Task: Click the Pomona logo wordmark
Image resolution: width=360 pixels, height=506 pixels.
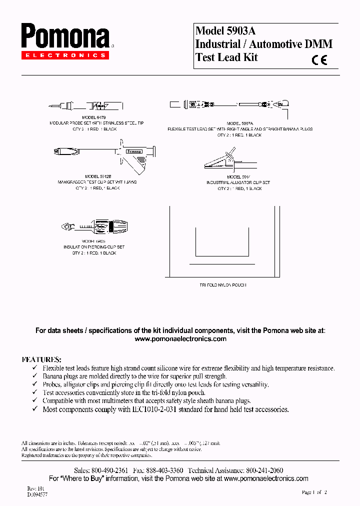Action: [x=64, y=37]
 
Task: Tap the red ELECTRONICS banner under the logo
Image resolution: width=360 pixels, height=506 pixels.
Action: [x=64, y=55]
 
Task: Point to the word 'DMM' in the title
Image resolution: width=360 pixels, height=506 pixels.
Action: [x=318, y=44]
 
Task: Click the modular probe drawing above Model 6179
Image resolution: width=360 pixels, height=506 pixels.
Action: [x=86, y=105]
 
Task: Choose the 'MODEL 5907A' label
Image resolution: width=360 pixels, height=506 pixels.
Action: [x=240, y=123]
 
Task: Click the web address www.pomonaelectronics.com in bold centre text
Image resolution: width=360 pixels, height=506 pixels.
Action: [x=180, y=339]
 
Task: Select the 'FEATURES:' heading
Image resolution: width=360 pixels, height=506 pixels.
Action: [x=41, y=359]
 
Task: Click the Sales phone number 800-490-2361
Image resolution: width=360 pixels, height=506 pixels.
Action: [x=108, y=470]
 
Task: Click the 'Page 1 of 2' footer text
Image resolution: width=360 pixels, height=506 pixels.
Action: [x=314, y=492]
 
